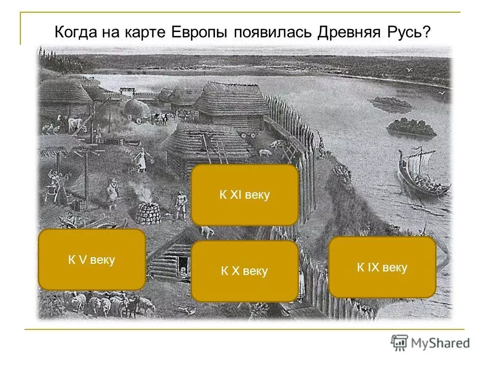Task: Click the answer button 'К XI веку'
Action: click(x=244, y=195)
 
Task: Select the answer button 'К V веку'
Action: click(x=92, y=260)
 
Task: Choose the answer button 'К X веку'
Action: click(x=244, y=271)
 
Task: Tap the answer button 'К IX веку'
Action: click(x=382, y=267)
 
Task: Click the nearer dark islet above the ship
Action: click(x=412, y=127)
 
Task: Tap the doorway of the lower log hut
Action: click(x=182, y=264)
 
